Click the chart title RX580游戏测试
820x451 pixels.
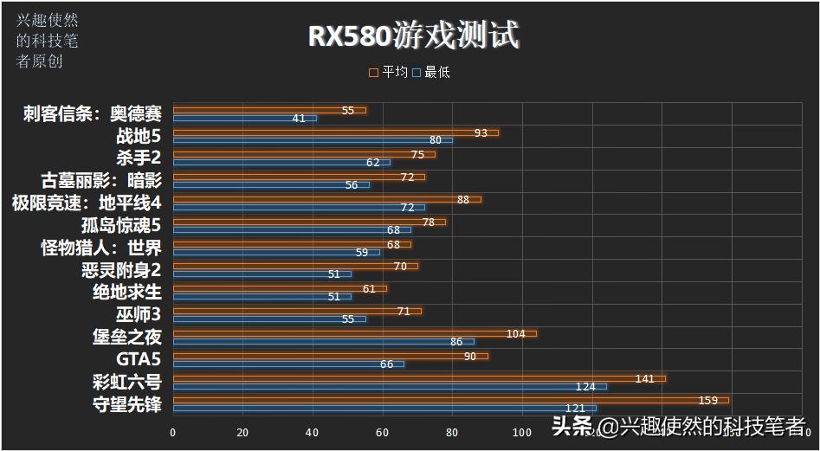click(413, 36)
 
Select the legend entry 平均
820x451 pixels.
click(389, 73)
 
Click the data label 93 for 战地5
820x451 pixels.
click(481, 132)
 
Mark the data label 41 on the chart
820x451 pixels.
click(299, 119)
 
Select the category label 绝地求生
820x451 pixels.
click(126, 292)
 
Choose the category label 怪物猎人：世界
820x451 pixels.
click(100, 248)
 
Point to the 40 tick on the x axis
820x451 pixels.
click(313, 432)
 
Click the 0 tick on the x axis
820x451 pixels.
click(173, 432)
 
